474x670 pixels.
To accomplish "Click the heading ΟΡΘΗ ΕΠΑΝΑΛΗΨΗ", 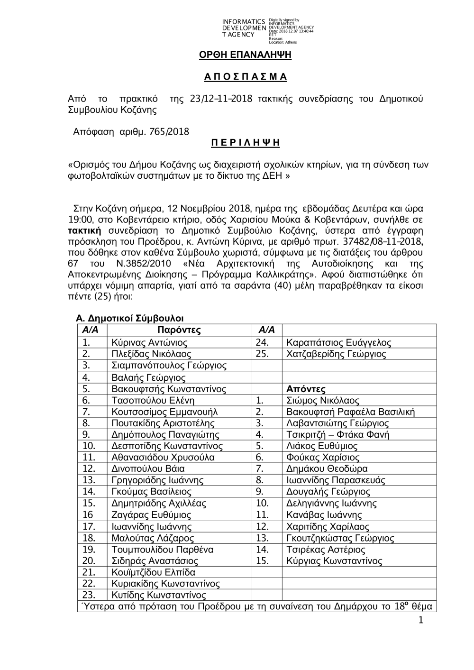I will (x=245, y=55).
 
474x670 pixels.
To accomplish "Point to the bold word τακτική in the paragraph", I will (x=84, y=231).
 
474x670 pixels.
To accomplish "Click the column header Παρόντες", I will (x=179, y=330).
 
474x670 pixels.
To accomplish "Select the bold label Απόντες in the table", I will (x=306, y=389).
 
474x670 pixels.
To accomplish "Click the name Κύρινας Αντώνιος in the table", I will (x=149, y=343).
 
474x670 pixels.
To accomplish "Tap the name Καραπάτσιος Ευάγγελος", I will (x=339, y=343).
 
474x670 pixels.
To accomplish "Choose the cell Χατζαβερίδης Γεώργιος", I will (x=336, y=354).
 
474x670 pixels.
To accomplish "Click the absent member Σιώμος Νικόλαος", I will (x=323, y=401).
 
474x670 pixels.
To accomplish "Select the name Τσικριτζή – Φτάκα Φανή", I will (x=337, y=435).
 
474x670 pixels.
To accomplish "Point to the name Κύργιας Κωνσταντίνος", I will (x=334, y=561).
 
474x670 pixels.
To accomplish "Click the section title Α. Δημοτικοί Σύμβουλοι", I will (x=130, y=318).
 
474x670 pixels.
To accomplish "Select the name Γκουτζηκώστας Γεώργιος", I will (x=340, y=538).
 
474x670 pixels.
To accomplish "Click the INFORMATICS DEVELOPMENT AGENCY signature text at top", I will (x=244, y=28).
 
